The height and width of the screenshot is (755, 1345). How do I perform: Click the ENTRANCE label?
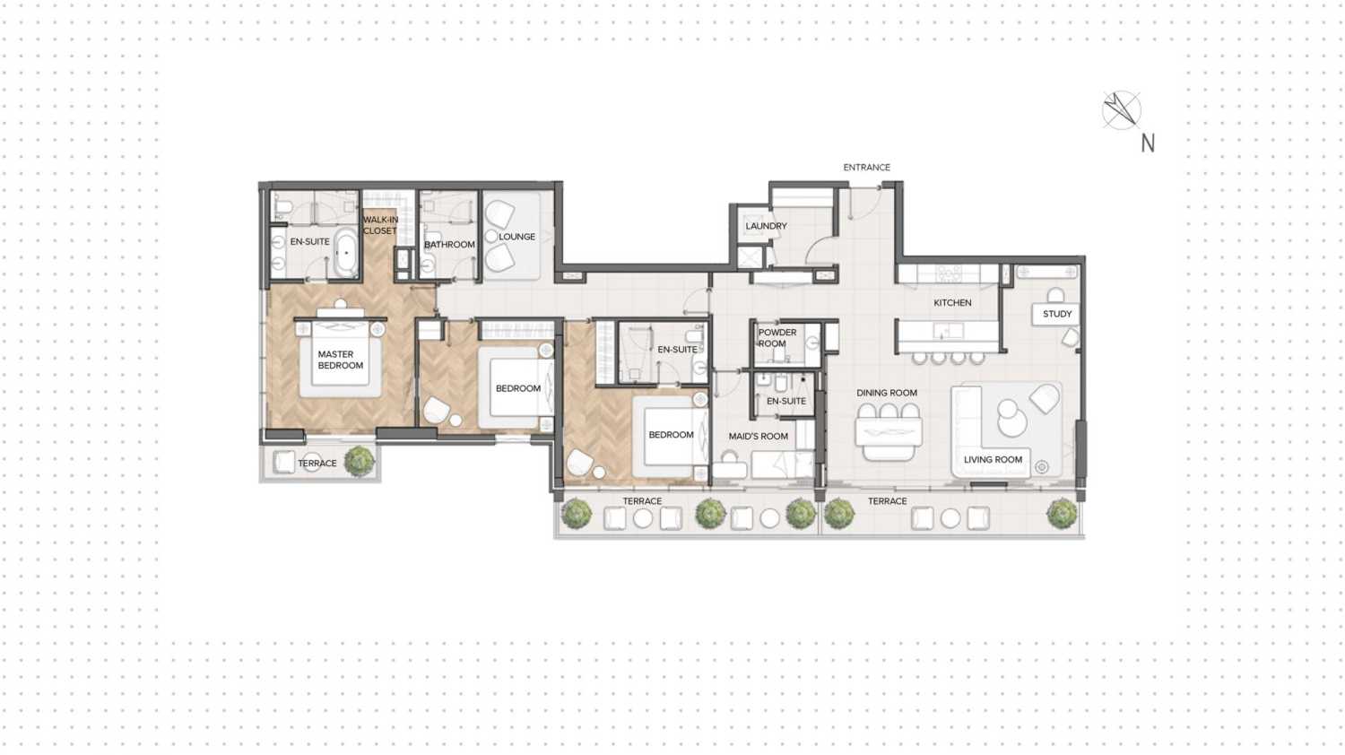point(866,167)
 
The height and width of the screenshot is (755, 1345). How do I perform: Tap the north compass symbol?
point(1121,110)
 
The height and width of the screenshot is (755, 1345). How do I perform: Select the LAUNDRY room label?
point(766,226)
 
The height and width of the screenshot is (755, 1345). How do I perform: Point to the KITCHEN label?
point(952,302)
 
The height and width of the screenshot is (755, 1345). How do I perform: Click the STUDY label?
point(1057,314)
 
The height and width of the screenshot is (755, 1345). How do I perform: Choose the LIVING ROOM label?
point(993,459)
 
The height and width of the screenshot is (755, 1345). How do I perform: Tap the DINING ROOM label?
point(886,393)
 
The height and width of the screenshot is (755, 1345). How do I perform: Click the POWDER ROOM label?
point(777,338)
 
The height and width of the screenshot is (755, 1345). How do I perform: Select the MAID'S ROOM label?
point(758,437)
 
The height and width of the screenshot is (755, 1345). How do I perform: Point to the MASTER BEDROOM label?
point(340,360)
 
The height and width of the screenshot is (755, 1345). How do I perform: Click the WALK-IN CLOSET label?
point(380,225)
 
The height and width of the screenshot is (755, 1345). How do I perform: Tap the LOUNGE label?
point(516,237)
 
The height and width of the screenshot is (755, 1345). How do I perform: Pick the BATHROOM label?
point(449,244)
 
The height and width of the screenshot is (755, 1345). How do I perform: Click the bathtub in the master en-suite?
point(346,253)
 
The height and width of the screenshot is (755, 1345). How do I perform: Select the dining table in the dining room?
point(889,433)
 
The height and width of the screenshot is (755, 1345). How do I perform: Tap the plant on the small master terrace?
point(360,460)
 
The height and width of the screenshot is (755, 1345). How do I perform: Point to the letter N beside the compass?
point(1148,143)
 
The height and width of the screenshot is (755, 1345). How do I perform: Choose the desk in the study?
point(1055,314)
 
